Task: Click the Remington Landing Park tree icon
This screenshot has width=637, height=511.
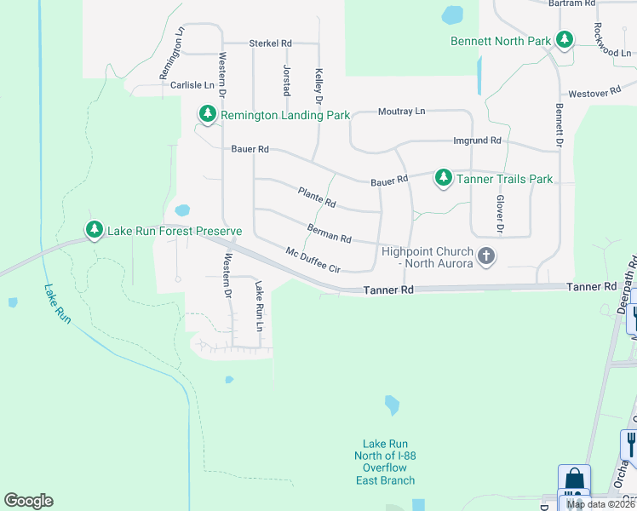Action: tap(207, 114)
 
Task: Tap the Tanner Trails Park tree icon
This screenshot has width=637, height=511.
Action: tap(443, 178)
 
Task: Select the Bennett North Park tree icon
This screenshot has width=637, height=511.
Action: tap(563, 40)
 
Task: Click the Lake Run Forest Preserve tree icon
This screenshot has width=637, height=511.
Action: tap(94, 230)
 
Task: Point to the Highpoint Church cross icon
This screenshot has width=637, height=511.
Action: tap(486, 255)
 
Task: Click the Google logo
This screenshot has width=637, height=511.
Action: tap(28, 501)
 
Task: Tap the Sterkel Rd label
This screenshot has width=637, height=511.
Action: tap(270, 43)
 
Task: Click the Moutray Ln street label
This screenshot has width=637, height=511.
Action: tap(401, 112)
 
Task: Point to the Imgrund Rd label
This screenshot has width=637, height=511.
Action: tap(477, 141)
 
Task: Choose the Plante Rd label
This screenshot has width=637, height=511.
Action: tap(317, 198)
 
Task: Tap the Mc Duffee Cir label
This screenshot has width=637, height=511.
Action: tap(313, 260)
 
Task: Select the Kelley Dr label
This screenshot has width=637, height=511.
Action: tap(318, 87)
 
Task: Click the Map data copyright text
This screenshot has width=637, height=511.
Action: tap(600, 504)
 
